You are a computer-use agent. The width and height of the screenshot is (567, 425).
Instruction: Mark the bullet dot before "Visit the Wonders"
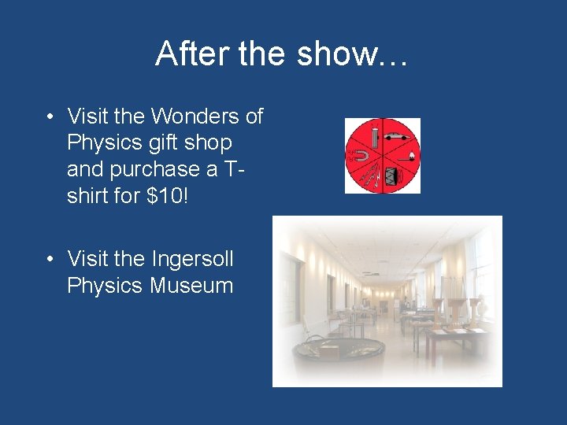[x=50, y=117]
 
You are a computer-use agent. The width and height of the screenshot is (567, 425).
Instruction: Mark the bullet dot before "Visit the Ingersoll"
[x=50, y=259]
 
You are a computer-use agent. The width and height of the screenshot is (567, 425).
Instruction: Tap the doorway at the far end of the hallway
[x=384, y=305]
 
